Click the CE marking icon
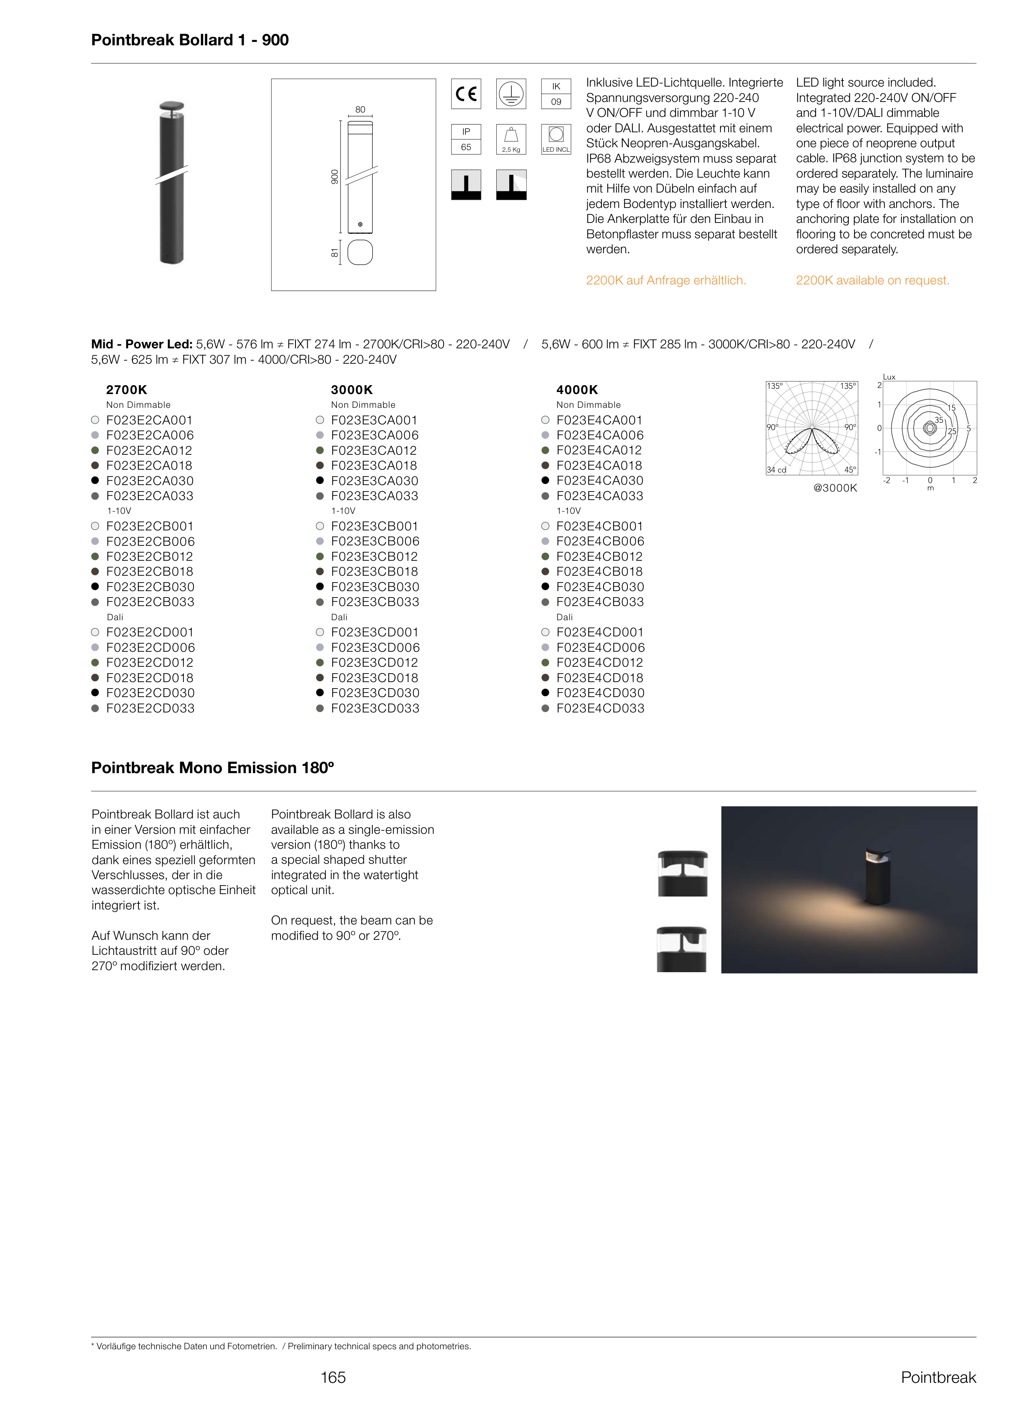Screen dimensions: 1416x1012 (466, 94)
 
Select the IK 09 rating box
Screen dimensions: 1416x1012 (556, 94)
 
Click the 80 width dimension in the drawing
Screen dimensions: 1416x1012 (360, 110)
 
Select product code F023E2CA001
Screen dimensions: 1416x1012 (149, 420)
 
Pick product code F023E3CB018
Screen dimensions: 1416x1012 (374, 572)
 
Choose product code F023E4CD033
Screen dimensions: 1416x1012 (600, 708)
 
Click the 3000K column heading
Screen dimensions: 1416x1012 (351, 390)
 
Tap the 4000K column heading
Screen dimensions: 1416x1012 (577, 390)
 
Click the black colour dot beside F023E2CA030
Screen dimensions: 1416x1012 (96, 480)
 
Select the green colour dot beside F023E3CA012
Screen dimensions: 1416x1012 (320, 450)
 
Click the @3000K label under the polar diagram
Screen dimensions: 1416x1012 (835, 488)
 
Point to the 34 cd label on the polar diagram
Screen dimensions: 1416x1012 (776, 470)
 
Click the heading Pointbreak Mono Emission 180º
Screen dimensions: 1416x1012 (213, 768)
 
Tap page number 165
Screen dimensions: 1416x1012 (333, 1378)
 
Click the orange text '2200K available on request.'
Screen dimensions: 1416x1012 (872, 280)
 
